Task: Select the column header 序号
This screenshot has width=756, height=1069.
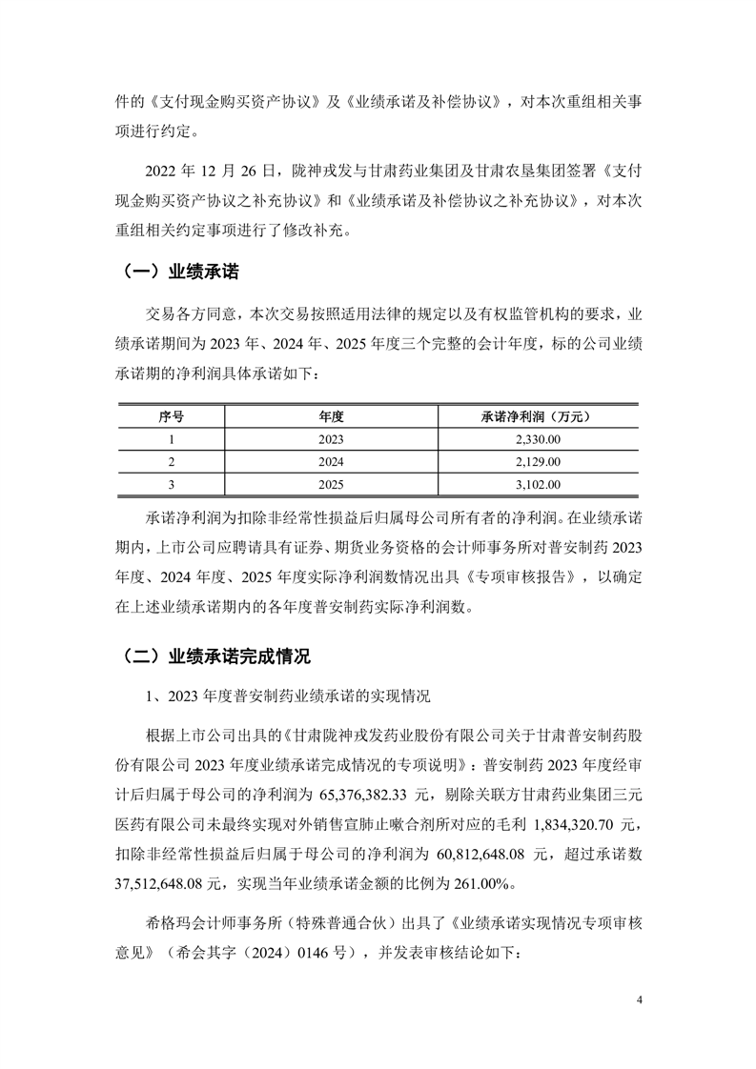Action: pyautogui.click(x=171, y=416)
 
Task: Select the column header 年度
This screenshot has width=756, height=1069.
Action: pyautogui.click(x=331, y=416)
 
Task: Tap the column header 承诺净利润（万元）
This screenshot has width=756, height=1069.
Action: pyautogui.click(x=536, y=416)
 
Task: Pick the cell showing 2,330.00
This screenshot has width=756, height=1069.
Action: pyautogui.click(x=536, y=439)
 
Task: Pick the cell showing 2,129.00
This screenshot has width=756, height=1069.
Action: pyautogui.click(x=536, y=462)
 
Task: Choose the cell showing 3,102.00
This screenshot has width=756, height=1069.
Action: pyautogui.click(x=536, y=485)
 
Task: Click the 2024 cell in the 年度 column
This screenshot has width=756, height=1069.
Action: pyautogui.click(x=331, y=462)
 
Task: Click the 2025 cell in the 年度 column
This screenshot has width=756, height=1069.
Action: pyautogui.click(x=331, y=485)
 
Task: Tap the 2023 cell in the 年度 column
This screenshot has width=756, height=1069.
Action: pyautogui.click(x=331, y=439)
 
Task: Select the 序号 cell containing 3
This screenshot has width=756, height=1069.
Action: pyautogui.click(x=171, y=485)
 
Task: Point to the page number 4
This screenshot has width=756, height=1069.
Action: pyautogui.click(x=640, y=1000)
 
